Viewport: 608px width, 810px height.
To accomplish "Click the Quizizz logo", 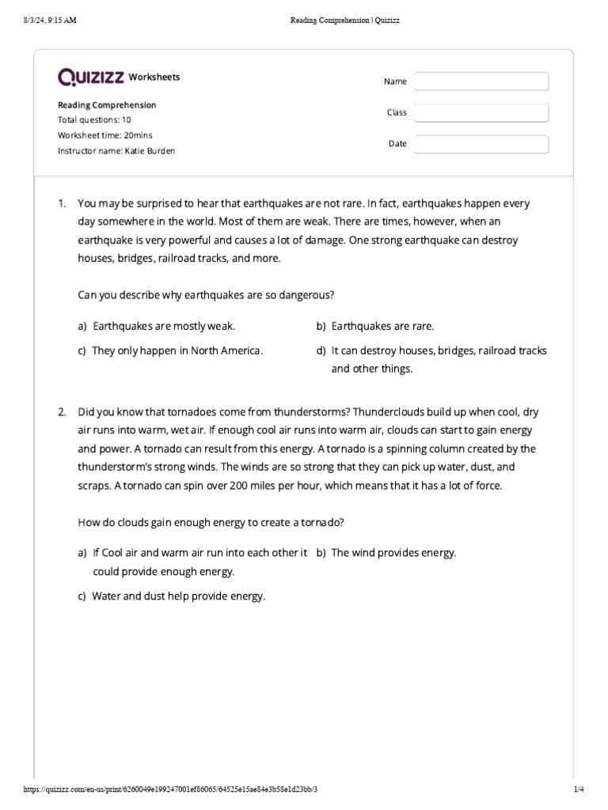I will [91, 77].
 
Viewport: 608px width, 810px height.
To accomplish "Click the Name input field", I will [481, 81].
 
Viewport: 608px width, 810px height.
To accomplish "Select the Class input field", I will [481, 112].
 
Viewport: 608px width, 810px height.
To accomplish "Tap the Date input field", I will [481, 144].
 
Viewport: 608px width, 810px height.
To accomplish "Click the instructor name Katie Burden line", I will [116, 150].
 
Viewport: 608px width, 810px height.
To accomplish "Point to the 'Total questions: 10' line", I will [94, 120].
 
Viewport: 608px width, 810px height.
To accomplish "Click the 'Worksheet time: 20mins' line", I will [105, 135].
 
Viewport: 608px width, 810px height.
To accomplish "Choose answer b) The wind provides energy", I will [393, 553].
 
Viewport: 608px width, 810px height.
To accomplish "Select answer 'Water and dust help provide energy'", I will [178, 596].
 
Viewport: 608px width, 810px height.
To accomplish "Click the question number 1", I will [61, 204].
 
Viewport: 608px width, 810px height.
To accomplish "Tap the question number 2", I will [61, 413].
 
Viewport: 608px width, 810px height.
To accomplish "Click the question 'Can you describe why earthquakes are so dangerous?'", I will [206, 295].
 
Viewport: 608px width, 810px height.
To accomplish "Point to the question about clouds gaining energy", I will [211, 522].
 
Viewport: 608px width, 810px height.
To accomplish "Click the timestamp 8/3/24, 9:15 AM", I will [50, 21].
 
